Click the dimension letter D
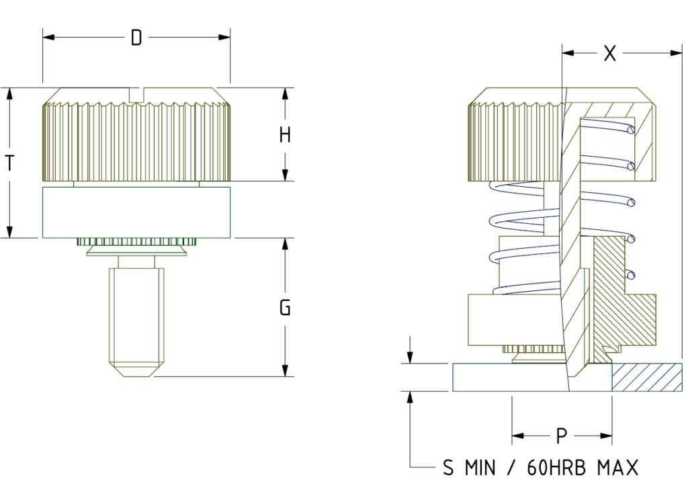coord(136,38)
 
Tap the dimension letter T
coord(10,163)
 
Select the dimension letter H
coord(285,135)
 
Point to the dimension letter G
coord(285,308)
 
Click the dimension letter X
coord(609,54)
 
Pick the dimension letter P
coord(562,437)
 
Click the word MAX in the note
coord(617,468)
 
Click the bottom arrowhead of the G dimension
coord(285,371)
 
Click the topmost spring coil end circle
coord(630,130)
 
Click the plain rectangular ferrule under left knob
coord(136,212)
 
